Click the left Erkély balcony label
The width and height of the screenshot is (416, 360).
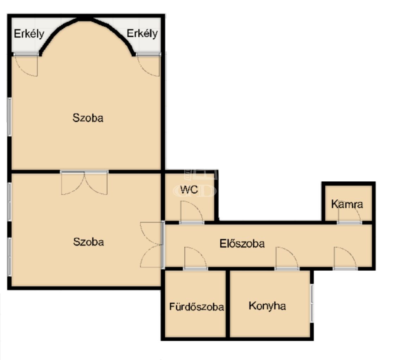(29, 34)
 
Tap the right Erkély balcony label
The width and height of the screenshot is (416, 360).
(142, 33)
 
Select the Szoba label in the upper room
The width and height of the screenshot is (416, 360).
(88, 118)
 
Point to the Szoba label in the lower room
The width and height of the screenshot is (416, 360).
(88, 242)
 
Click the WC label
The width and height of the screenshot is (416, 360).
(189, 189)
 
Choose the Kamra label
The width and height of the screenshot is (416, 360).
(347, 204)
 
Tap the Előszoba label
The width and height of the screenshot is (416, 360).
(242, 244)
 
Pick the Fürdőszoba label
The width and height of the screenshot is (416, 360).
(196, 307)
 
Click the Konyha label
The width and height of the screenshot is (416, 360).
(267, 306)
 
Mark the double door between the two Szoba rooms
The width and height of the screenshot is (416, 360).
(84, 183)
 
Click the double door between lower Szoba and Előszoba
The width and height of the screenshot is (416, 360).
(152, 244)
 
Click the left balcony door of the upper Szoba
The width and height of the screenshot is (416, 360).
(26, 65)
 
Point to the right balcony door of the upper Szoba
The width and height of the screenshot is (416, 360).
(149, 65)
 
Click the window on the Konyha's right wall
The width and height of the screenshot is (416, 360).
(312, 303)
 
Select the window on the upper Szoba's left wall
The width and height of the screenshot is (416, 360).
(10, 117)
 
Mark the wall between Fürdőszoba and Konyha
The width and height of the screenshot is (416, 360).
(228, 304)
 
